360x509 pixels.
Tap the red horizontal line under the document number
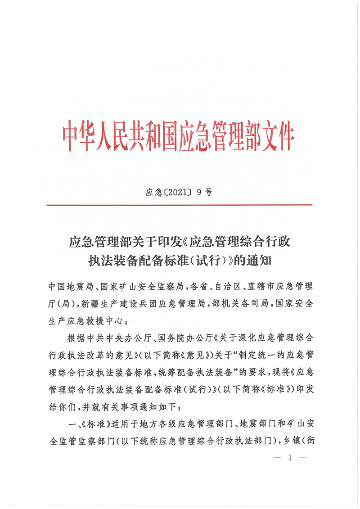click(x=180, y=205)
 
